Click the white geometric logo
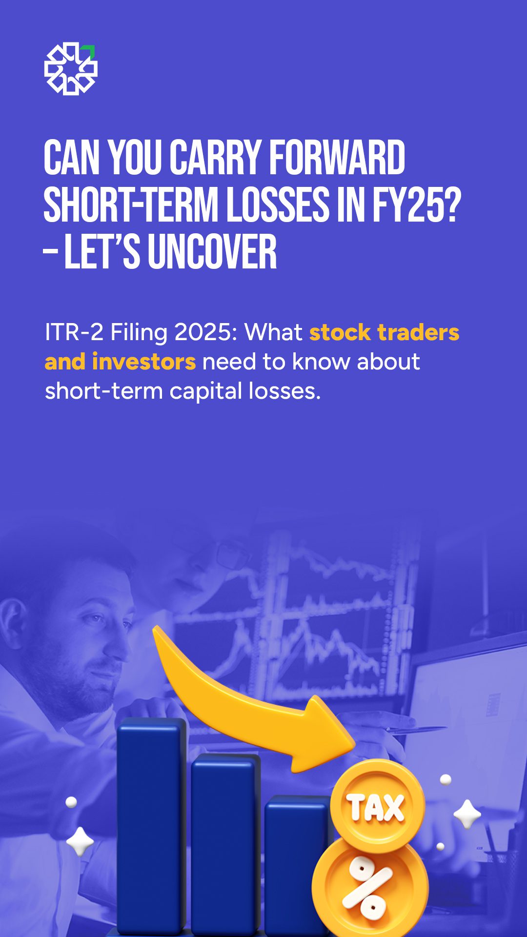(71, 69)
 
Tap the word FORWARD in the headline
(337, 158)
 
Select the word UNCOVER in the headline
(212, 252)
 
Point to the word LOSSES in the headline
(278, 205)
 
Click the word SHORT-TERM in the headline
(131, 205)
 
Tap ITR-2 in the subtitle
(74, 332)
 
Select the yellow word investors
(144, 362)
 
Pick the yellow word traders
(419, 332)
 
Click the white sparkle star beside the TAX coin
(467, 814)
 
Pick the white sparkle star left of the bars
(80, 841)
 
